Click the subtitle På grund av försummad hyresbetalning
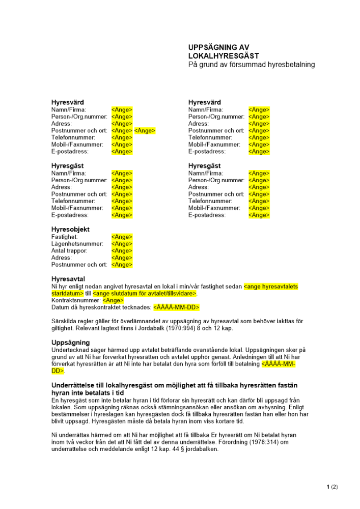(x=252, y=65)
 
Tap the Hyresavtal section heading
(x=68, y=279)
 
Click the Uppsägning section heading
(x=71, y=343)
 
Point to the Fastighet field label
(x=65, y=237)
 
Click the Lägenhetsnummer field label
(x=77, y=244)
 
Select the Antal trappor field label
(x=69, y=250)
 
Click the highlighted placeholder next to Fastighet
(x=122, y=237)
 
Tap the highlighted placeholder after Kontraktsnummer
(x=113, y=300)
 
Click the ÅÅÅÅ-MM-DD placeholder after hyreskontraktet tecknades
(x=176, y=307)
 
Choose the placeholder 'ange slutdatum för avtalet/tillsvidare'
(x=145, y=294)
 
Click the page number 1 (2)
(x=332, y=487)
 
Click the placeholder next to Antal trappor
(x=122, y=250)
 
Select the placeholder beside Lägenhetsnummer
(x=122, y=244)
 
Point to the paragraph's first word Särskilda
(x=65, y=321)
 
